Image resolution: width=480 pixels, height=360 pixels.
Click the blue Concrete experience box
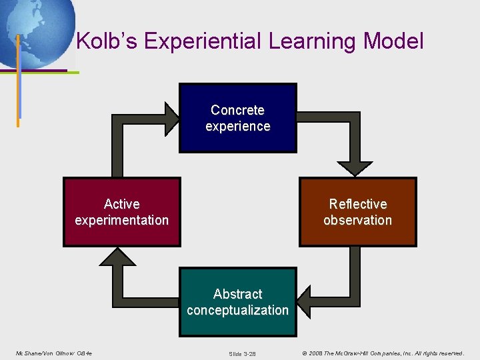tap(238, 118)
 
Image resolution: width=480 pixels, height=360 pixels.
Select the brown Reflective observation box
tap(358, 212)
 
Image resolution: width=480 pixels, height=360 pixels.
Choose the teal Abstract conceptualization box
tap(238, 302)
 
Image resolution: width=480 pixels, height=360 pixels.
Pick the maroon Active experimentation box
tap(122, 212)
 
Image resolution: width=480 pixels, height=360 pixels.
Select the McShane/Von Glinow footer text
tap(53, 353)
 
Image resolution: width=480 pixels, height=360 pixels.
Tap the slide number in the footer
tap(242, 353)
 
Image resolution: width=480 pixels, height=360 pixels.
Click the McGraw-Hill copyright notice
tap(382, 353)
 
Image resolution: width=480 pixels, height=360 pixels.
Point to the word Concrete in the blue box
tap(238, 110)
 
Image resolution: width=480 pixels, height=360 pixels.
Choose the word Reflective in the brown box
tap(358, 204)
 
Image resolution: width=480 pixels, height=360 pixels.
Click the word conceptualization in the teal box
tap(238, 310)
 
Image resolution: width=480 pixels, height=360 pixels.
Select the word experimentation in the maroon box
tap(122, 220)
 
